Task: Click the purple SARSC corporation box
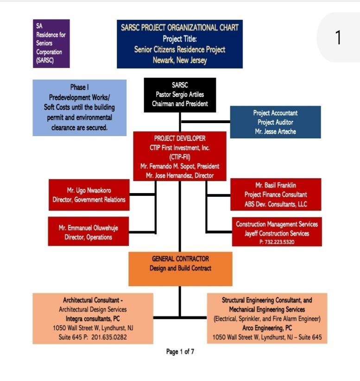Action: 51,44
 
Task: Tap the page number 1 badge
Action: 338,37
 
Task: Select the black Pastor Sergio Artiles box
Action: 180,94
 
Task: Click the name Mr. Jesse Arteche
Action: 275,131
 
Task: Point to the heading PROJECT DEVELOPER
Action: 180,138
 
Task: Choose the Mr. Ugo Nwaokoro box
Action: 88,195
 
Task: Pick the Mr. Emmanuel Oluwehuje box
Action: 88,232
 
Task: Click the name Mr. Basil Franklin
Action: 276,185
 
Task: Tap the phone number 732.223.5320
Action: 277,242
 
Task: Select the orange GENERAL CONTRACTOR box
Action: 180,268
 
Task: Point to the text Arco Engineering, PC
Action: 267,328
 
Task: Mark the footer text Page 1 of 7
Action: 180,352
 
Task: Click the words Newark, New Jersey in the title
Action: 180,60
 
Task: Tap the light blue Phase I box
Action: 79,107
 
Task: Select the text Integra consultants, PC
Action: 93,319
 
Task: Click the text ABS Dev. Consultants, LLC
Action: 276,204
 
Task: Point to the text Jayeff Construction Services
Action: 277,233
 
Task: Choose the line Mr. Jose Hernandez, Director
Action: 180,175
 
